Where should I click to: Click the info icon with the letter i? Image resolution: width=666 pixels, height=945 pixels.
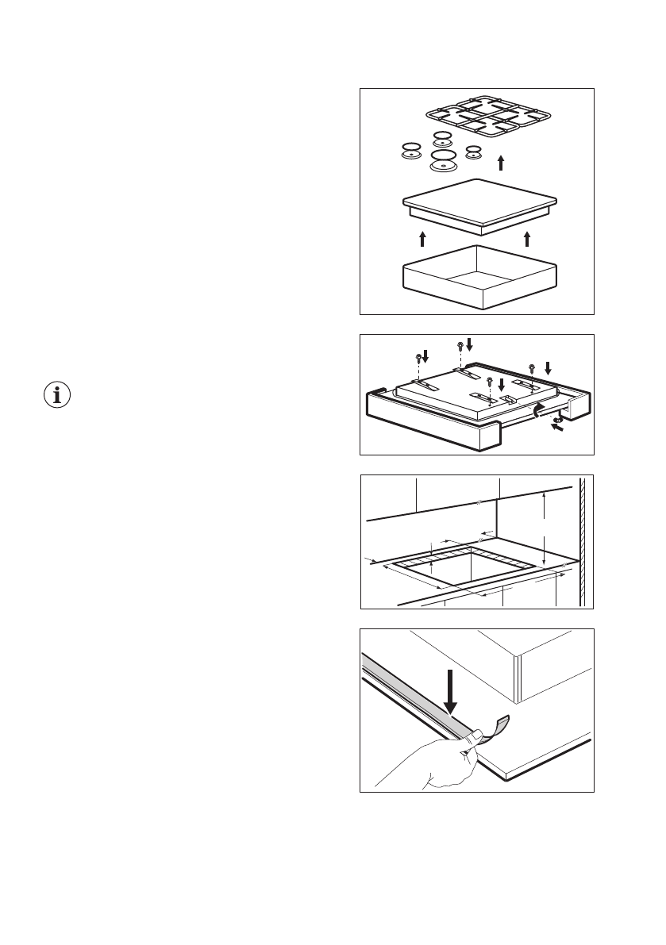coord(56,394)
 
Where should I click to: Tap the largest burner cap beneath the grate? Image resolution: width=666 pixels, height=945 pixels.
coord(442,163)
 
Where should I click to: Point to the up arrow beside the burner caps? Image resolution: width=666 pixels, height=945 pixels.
coord(500,163)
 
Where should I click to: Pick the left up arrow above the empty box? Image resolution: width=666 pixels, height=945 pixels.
coord(423,237)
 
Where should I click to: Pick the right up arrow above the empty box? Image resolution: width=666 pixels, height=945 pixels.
coord(527,237)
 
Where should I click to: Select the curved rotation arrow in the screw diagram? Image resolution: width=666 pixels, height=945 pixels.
coord(539,408)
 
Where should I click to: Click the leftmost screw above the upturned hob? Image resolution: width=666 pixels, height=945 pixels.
coord(418,358)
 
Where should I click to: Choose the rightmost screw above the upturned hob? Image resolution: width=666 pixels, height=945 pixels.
coord(532,367)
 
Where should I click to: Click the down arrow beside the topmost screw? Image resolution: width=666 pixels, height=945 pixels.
coord(469,344)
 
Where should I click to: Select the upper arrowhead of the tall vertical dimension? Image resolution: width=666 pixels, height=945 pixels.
coord(544,495)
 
